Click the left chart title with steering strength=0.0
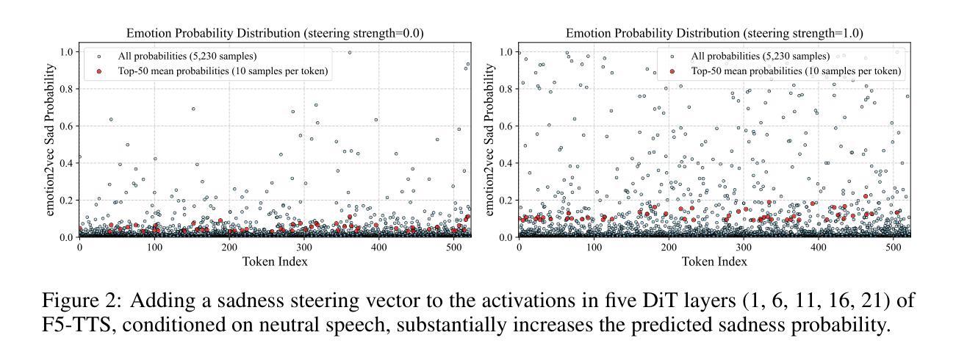(275, 34)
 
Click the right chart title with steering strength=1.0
(714, 34)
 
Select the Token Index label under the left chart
(275, 262)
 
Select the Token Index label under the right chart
(714, 262)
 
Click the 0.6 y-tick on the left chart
(68, 126)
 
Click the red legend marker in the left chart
(99, 71)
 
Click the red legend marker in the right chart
(672, 71)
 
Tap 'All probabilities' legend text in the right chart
(761, 57)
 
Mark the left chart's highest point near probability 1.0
(349, 53)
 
